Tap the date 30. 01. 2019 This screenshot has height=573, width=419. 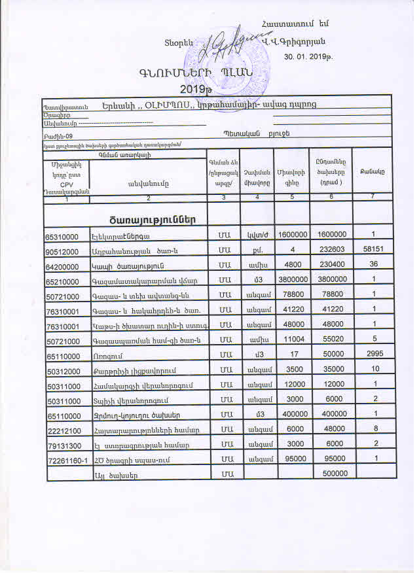tap(308, 57)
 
